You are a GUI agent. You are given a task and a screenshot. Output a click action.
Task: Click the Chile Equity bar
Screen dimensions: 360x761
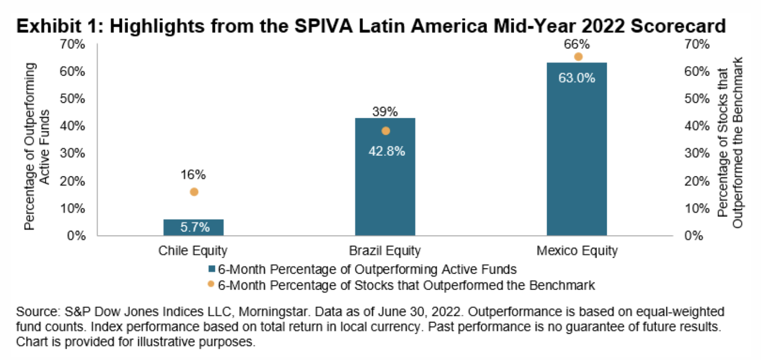coord(194,227)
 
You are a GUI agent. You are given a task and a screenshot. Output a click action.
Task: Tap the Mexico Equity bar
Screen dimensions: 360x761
coord(577,154)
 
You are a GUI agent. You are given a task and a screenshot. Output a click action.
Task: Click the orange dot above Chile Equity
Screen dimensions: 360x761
coord(194,192)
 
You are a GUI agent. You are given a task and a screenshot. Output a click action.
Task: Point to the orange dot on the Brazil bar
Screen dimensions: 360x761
coord(386,131)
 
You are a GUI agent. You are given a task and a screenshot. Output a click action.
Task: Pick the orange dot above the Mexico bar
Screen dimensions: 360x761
coord(578,57)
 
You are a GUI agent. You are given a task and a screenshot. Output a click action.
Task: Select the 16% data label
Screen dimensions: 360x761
coord(194,175)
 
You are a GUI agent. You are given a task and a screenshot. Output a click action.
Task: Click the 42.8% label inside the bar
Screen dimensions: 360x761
coord(385,151)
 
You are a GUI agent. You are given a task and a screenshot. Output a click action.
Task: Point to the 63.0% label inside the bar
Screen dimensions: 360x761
coord(577,78)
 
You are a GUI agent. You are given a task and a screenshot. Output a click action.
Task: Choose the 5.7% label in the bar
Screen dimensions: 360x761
coord(194,227)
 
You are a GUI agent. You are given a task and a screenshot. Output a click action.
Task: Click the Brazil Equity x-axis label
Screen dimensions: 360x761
coord(385,251)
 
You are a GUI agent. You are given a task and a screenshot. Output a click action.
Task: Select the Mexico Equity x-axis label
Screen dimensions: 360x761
coord(577,251)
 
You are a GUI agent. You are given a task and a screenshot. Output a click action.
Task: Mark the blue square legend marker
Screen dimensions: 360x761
coord(212,268)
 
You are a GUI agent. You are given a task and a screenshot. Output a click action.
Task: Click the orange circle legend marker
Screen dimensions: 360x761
coord(211,284)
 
